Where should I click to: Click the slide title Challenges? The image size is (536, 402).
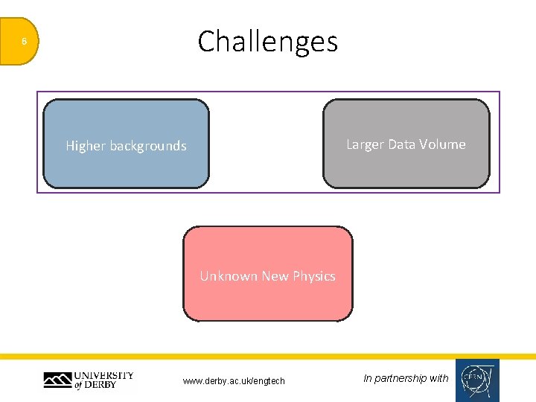(268, 42)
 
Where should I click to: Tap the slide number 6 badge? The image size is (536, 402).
(24, 42)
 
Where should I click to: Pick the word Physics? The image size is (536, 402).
(314, 276)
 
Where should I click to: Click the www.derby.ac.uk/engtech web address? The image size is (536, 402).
(234, 381)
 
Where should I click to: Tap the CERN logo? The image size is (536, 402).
(477, 380)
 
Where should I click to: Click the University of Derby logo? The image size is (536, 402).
(89, 380)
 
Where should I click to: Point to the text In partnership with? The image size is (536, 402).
(406, 378)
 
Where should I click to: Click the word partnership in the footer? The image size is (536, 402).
(401, 378)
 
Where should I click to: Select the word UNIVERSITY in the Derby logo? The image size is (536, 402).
(103, 375)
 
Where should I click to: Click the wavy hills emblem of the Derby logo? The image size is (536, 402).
(57, 381)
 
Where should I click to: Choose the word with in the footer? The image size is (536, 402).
(439, 378)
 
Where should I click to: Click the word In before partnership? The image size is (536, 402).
(367, 378)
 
